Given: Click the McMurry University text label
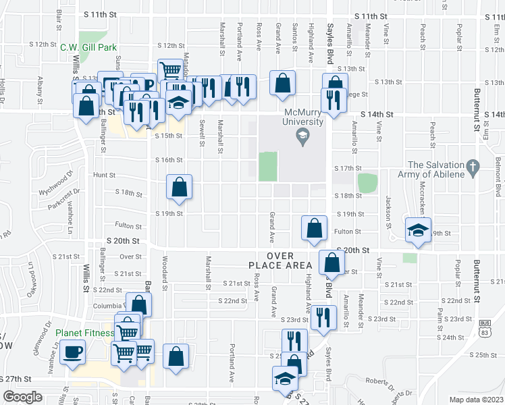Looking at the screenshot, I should (x=302, y=117).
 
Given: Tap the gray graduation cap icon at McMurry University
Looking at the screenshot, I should (x=302, y=138).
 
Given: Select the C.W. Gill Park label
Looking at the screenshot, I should (x=88, y=47).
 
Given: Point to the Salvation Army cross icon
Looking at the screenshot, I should (x=473, y=165).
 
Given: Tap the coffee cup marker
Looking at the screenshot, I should (x=72, y=351).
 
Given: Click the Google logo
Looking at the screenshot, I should (x=22, y=397).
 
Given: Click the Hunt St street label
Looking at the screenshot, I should (x=105, y=175).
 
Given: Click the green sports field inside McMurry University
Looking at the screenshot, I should (x=268, y=166).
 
